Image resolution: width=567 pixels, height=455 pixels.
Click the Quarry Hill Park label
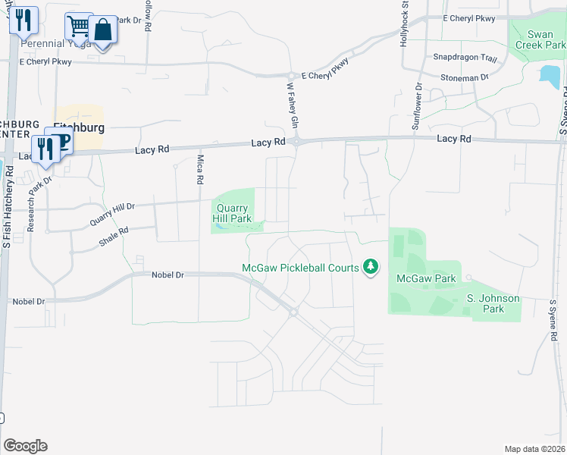pos(233,213)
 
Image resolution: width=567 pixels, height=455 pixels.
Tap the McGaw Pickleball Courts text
pos(299,268)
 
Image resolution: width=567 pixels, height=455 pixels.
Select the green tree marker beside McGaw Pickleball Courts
pos(371,266)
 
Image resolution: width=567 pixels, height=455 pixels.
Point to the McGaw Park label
pos(426,278)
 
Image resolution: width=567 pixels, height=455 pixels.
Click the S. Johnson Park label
pos(493,303)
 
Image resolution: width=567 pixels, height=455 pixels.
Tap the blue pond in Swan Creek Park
pos(550,76)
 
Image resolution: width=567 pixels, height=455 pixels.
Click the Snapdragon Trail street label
pos(465,58)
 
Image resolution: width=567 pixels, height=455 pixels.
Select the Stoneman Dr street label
pos(465,77)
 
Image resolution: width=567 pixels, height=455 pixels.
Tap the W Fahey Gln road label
pos(293,104)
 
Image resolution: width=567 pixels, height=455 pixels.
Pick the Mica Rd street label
pos(200,169)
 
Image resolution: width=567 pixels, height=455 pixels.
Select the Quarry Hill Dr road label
pos(112,215)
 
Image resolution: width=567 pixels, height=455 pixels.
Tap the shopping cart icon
pos(77,27)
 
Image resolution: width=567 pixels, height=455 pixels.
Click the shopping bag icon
pos(103,30)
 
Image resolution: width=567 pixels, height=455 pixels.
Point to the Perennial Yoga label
pos(56,44)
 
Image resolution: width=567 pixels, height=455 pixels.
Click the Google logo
pos(25,446)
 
